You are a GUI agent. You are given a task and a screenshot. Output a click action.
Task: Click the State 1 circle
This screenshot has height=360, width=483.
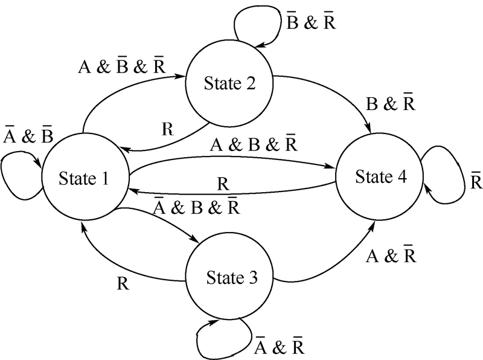[84, 178]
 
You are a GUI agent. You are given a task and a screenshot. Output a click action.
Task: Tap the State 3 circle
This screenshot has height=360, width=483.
[231, 278]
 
